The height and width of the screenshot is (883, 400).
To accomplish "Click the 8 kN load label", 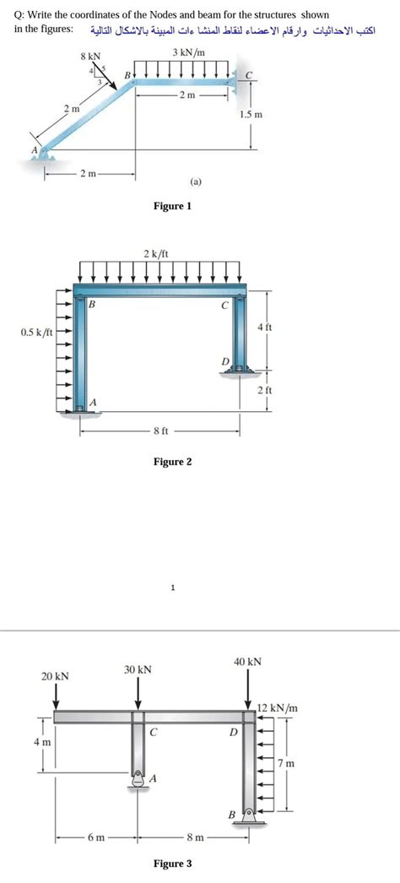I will pyautogui.click(x=89, y=56).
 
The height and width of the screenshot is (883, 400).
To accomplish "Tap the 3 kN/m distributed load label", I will pyautogui.click(x=188, y=52).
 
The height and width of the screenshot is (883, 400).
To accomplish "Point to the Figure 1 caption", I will pyautogui.click(x=172, y=206).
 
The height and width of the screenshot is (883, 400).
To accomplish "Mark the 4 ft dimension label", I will pyautogui.click(x=264, y=327).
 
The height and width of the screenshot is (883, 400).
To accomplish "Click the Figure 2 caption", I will pyautogui.click(x=172, y=462).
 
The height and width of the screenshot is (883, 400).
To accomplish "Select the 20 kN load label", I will pyautogui.click(x=56, y=677).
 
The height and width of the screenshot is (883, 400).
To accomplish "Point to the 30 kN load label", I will pyautogui.click(x=138, y=669).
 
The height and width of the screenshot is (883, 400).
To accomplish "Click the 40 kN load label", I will pyautogui.click(x=247, y=662).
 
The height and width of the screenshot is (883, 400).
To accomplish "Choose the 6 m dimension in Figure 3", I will pyautogui.click(x=95, y=837).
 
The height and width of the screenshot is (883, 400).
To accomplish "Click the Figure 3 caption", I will pyautogui.click(x=172, y=864).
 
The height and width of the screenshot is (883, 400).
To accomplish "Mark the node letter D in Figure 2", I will pyautogui.click(x=224, y=361).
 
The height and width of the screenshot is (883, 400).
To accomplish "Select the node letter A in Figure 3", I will pyautogui.click(x=152, y=779).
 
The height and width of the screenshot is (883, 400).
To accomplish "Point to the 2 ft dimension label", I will pyautogui.click(x=264, y=390).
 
